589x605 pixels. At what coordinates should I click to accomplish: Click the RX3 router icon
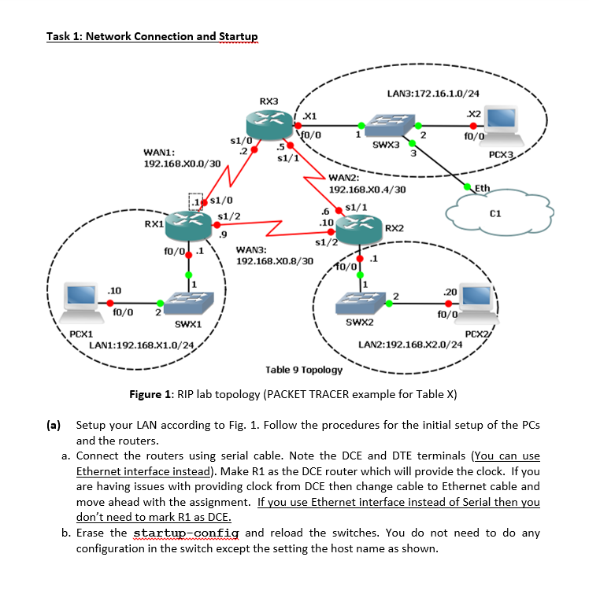269,124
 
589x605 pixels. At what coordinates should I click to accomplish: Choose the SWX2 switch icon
359,302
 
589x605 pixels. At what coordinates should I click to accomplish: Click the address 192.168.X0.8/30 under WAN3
275,260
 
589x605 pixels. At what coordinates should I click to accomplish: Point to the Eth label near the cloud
483,188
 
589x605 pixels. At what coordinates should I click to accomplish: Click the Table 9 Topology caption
304,369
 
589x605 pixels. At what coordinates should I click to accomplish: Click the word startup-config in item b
187,533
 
